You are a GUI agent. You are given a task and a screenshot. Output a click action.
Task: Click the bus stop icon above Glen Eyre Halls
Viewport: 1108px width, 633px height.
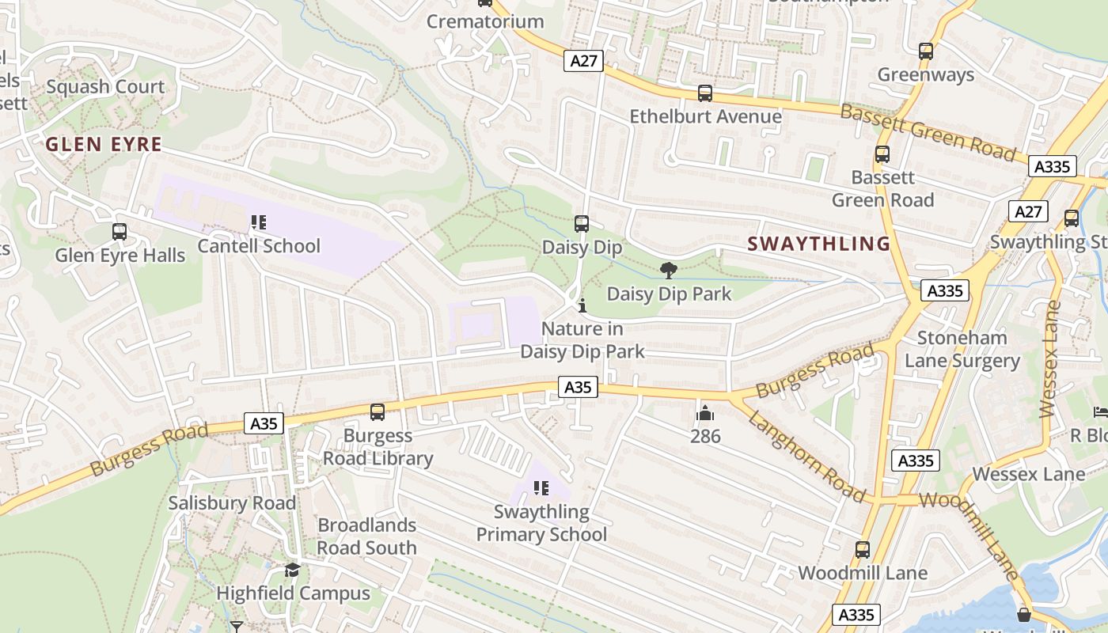(120, 232)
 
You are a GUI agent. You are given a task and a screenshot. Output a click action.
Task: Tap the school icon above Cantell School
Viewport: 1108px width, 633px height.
(259, 223)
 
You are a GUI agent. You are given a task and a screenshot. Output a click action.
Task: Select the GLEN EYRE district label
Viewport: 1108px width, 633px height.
(104, 145)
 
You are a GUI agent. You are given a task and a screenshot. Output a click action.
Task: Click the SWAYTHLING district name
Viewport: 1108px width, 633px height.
(819, 244)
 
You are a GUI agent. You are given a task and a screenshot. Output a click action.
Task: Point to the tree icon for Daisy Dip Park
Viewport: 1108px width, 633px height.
(669, 271)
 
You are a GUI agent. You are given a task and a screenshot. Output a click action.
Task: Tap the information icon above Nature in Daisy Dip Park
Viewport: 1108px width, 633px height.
(582, 305)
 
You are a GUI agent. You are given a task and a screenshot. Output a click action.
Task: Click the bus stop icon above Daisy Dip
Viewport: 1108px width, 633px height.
(582, 224)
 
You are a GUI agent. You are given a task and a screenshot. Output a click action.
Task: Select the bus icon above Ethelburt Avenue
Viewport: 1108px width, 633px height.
(705, 93)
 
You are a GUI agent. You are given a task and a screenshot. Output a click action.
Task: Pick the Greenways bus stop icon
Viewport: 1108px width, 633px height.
(926, 51)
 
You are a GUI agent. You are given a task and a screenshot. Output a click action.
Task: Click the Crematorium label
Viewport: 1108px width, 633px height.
(485, 21)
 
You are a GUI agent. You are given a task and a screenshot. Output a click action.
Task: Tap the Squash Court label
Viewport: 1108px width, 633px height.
(105, 87)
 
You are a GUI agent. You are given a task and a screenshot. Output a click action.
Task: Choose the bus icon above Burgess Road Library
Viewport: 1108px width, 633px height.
(378, 412)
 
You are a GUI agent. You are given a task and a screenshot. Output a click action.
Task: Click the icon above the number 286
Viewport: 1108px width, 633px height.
(705, 413)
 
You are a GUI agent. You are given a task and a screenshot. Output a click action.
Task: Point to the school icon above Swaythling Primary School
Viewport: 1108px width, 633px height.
(542, 488)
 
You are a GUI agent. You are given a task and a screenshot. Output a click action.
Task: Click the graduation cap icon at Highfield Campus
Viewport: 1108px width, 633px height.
(293, 570)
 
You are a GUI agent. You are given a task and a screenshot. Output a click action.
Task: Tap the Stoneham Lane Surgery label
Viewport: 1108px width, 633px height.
(962, 349)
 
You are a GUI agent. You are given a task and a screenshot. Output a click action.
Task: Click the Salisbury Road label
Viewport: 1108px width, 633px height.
(232, 503)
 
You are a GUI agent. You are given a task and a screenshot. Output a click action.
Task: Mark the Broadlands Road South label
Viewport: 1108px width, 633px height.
(366, 536)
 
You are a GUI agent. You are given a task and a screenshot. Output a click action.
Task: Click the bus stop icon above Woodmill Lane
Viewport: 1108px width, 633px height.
(863, 549)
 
